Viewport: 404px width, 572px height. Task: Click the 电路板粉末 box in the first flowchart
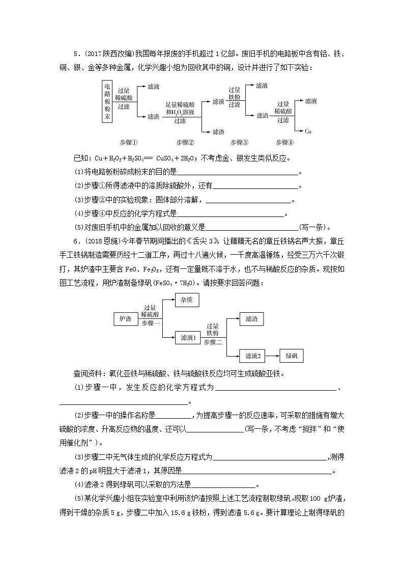click(107, 101)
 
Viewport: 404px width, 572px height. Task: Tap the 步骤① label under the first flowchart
click(129, 142)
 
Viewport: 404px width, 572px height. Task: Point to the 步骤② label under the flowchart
click(185, 142)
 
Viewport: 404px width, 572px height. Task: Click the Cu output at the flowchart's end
click(308, 131)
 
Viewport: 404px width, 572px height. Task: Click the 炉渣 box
click(125, 319)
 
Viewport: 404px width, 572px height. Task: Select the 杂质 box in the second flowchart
click(186, 300)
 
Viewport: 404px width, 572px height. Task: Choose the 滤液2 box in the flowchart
click(253, 356)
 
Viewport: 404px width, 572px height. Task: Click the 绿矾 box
click(292, 356)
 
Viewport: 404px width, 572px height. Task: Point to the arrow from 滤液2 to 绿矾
click(273, 356)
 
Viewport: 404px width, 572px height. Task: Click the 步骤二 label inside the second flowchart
click(213, 342)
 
